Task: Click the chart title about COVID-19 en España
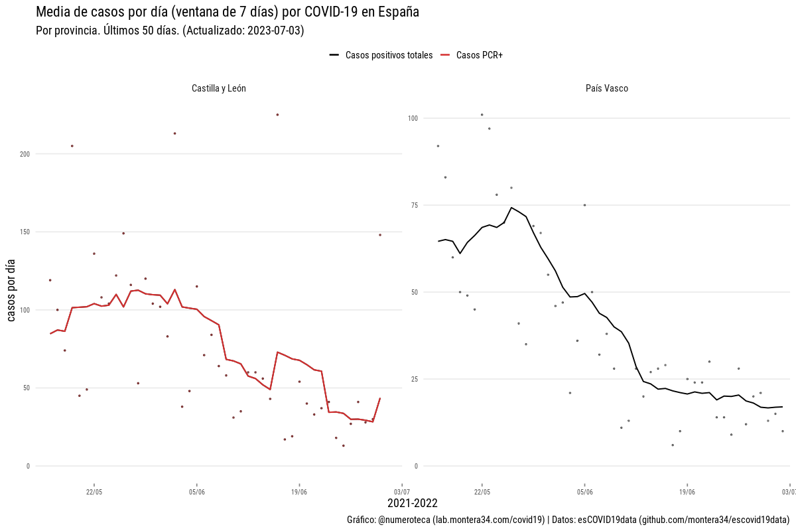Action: click(x=227, y=13)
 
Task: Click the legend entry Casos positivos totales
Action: click(x=389, y=55)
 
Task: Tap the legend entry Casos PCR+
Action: click(x=479, y=55)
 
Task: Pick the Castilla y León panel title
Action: click(x=219, y=88)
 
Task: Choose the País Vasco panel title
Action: click(x=607, y=88)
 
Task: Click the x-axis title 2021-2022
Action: click(x=413, y=504)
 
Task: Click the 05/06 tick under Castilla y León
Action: click(x=196, y=492)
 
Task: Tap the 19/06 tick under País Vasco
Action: click(x=687, y=492)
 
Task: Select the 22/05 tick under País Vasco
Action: click(x=482, y=492)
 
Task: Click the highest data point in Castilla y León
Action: click(x=277, y=115)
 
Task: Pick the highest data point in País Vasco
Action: click(x=482, y=115)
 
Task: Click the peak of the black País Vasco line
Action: click(x=511, y=207)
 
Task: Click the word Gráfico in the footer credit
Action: click(x=361, y=520)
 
